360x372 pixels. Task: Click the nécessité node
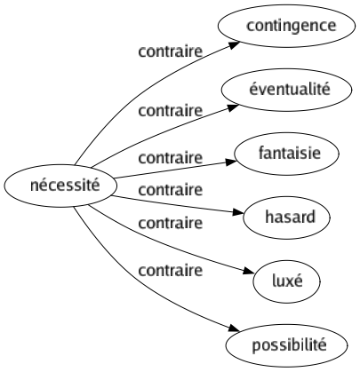pyautogui.click(x=51, y=186)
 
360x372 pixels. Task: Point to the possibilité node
pyautogui.click(x=290, y=343)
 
